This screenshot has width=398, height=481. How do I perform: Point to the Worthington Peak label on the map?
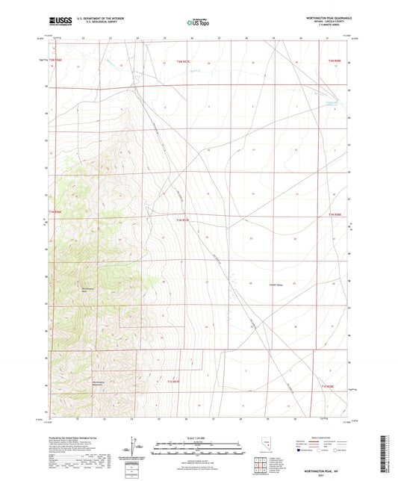88,289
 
